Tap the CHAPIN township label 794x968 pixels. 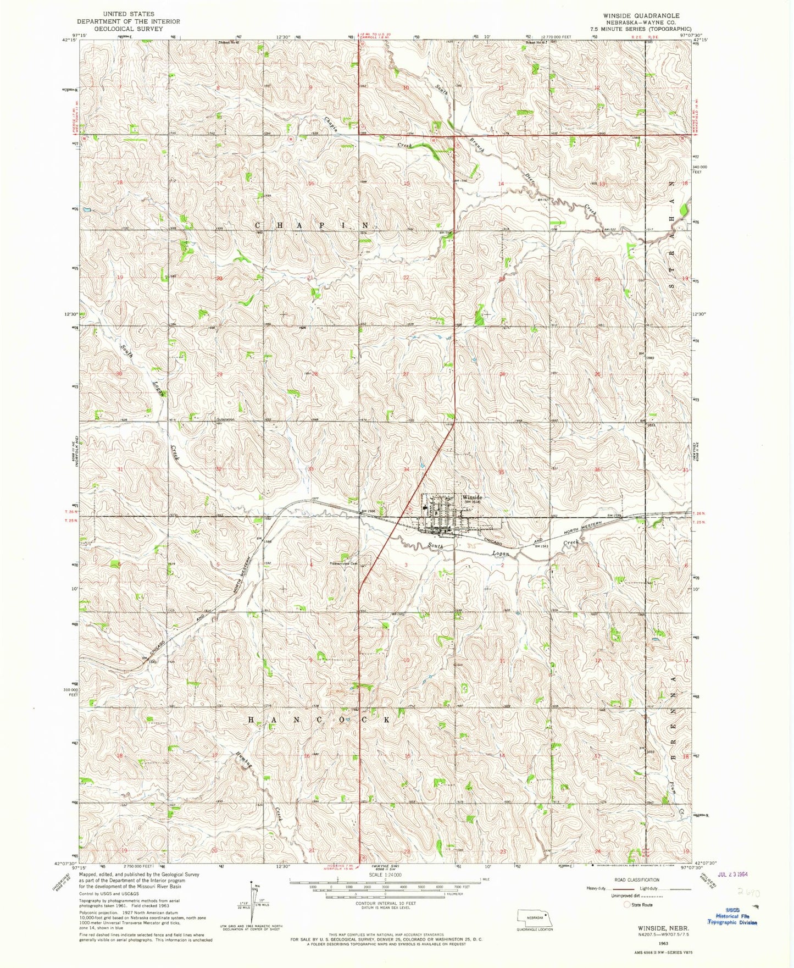(x=311, y=225)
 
